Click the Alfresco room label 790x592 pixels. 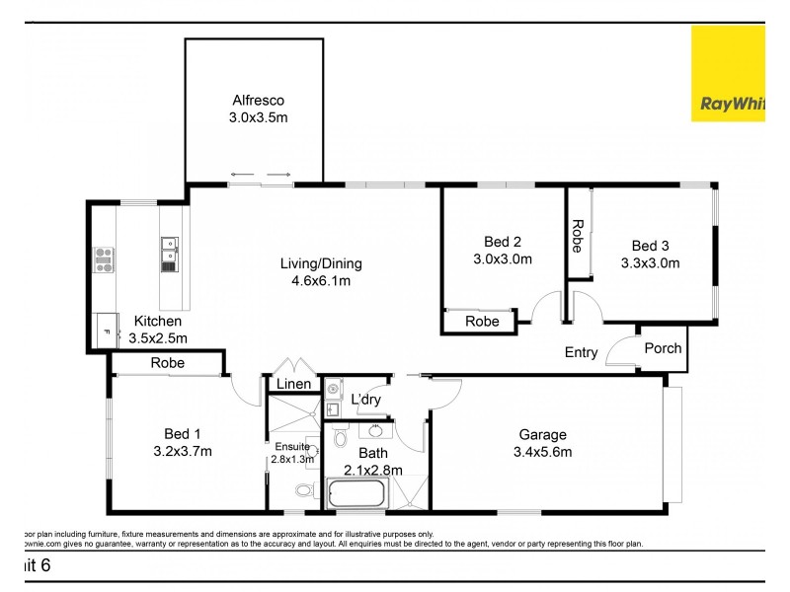258,100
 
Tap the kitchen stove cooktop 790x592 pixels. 104,259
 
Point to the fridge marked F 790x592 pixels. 104,330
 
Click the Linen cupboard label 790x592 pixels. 294,384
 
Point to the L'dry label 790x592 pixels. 367,399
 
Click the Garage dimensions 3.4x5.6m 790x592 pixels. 542,452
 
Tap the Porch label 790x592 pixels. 662,348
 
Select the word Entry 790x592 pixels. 581,352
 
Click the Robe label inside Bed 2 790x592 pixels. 482,322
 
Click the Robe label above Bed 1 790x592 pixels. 167,363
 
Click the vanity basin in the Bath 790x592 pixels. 375,430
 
